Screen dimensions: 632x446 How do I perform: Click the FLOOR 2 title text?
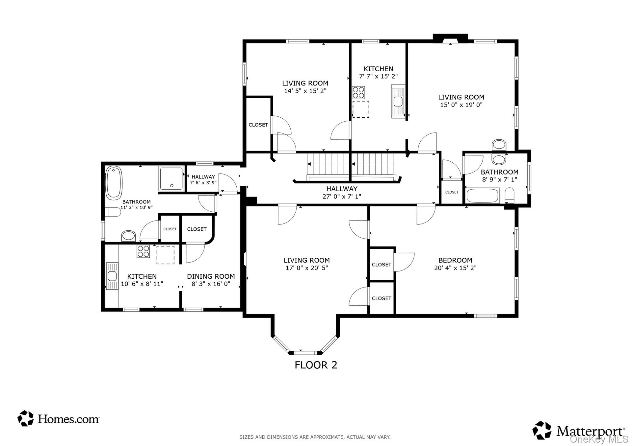(x=316, y=365)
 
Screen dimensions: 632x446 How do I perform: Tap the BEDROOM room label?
(x=455, y=260)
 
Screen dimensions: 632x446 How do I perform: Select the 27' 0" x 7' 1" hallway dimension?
(x=342, y=197)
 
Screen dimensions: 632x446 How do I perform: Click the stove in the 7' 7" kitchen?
(x=358, y=92)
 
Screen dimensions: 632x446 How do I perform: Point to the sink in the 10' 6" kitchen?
(x=112, y=276)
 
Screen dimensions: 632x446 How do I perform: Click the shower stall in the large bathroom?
(x=171, y=179)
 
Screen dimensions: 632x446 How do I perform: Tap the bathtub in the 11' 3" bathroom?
(x=114, y=183)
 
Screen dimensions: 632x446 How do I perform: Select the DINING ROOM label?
(x=211, y=276)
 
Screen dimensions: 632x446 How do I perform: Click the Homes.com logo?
(x=58, y=419)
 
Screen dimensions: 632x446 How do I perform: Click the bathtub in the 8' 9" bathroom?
(x=483, y=196)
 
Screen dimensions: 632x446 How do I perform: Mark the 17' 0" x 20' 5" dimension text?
(x=306, y=268)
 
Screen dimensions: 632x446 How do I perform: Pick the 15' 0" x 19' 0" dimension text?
(x=461, y=105)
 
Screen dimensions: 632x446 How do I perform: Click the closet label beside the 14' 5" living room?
(x=258, y=125)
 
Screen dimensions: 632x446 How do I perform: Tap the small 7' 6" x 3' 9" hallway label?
(x=203, y=182)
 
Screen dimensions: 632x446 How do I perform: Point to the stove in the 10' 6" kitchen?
(x=144, y=251)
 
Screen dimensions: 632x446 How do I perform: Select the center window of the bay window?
(x=304, y=353)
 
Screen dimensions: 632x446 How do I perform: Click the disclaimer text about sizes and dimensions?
(x=315, y=437)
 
